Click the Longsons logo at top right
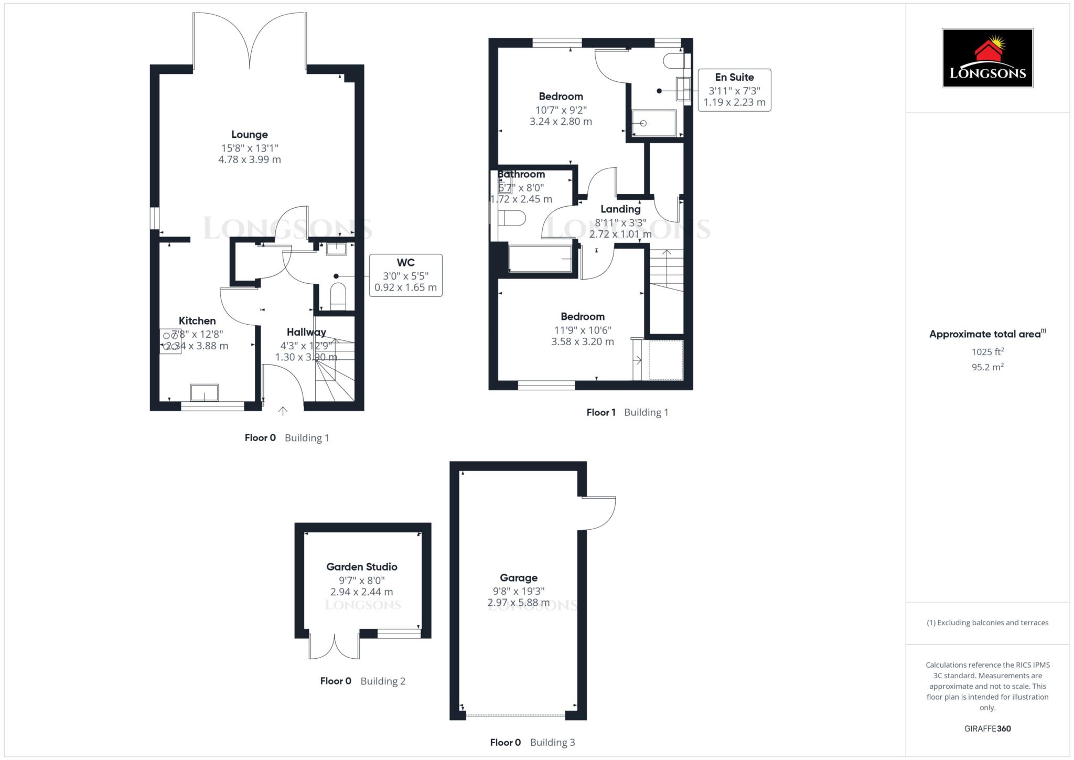click(987, 58)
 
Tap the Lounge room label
click(250, 135)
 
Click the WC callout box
click(405, 275)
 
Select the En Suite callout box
click(734, 90)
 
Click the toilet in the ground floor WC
click(338, 296)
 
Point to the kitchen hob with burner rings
click(170, 341)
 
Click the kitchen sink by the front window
click(205, 392)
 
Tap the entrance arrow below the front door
click(283, 411)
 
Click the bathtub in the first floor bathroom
click(540, 259)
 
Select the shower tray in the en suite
click(654, 123)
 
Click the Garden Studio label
click(362, 566)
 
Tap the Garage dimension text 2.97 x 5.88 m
click(519, 603)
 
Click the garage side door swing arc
click(600, 514)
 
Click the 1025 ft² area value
click(987, 352)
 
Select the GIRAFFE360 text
click(987, 729)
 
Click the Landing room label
click(620, 209)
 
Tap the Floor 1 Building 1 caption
click(627, 412)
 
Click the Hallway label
click(306, 332)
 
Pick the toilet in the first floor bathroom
click(512, 218)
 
